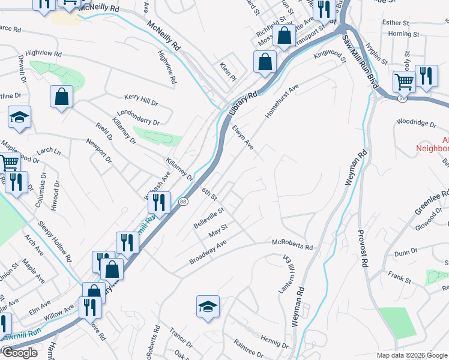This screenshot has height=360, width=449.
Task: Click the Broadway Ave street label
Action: (x=208, y=252)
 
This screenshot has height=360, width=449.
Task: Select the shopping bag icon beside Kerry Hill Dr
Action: (x=61, y=98)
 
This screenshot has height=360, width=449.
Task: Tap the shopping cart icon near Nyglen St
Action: (x=404, y=82)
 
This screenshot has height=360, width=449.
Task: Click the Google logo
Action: (x=20, y=353)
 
